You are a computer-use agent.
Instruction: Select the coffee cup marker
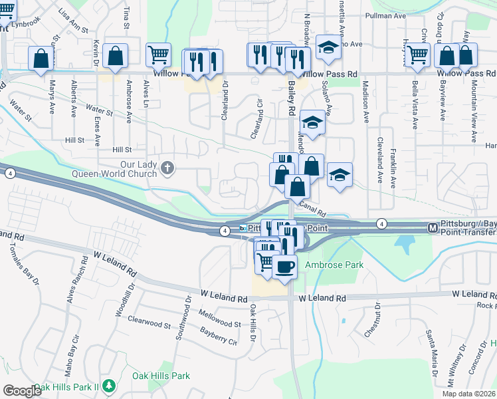click(x=284, y=267)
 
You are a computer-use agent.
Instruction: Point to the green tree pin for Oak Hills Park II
click(x=109, y=386)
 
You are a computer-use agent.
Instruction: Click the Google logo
click(x=22, y=391)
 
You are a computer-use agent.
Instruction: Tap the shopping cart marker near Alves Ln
click(x=159, y=55)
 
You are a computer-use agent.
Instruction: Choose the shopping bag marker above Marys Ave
click(x=41, y=58)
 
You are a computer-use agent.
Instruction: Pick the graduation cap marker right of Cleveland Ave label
click(x=340, y=176)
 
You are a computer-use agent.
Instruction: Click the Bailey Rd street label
click(x=291, y=96)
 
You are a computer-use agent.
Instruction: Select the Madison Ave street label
click(x=366, y=103)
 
